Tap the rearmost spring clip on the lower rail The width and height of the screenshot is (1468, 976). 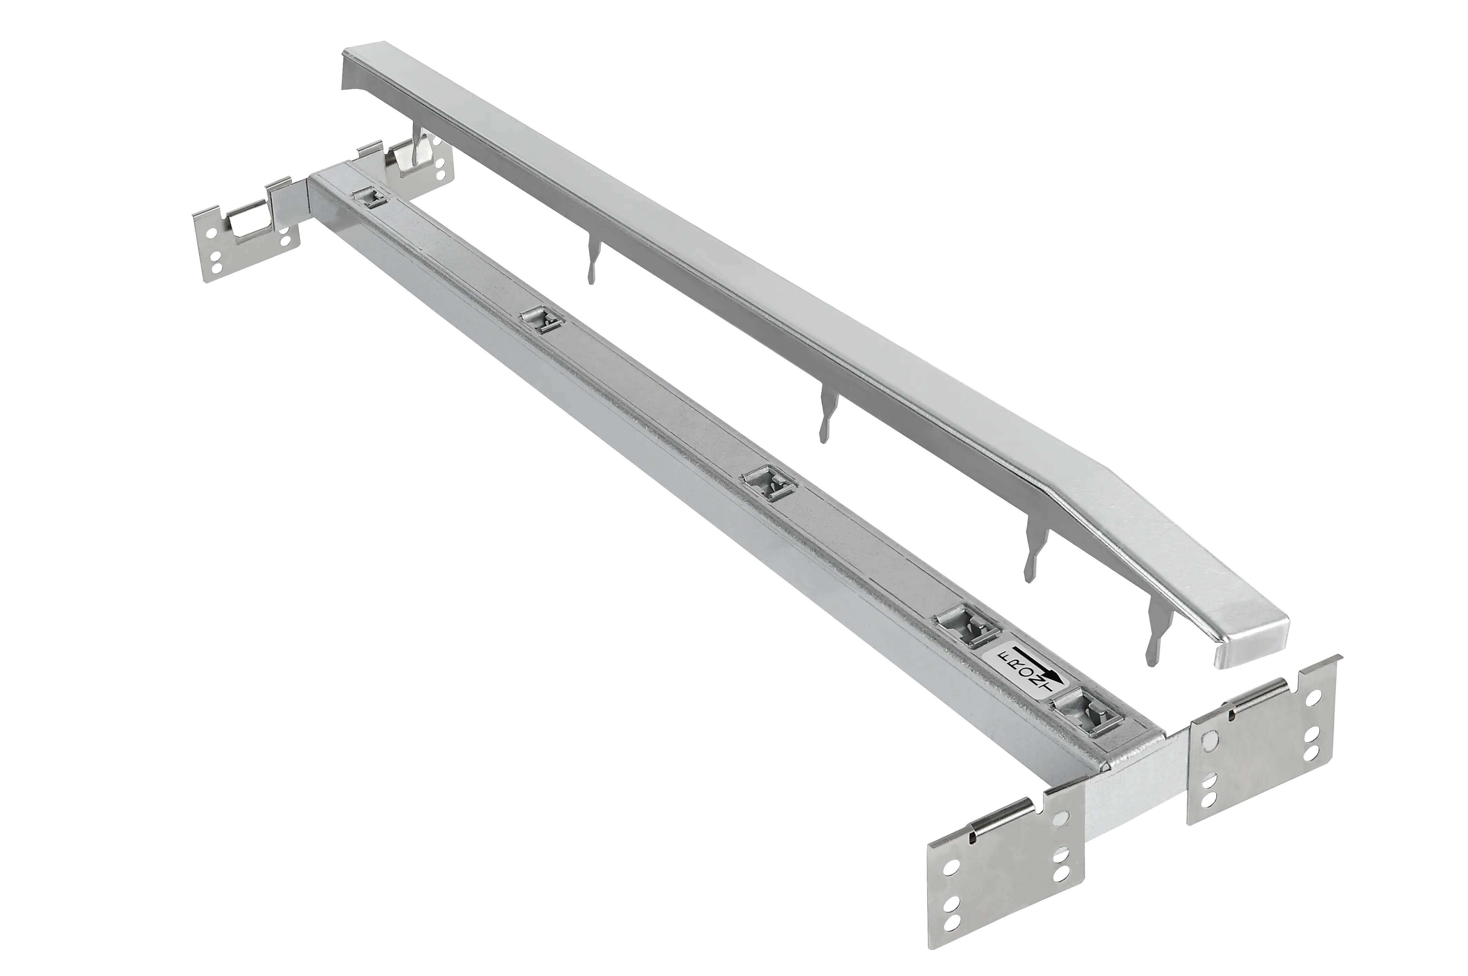(x=370, y=198)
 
